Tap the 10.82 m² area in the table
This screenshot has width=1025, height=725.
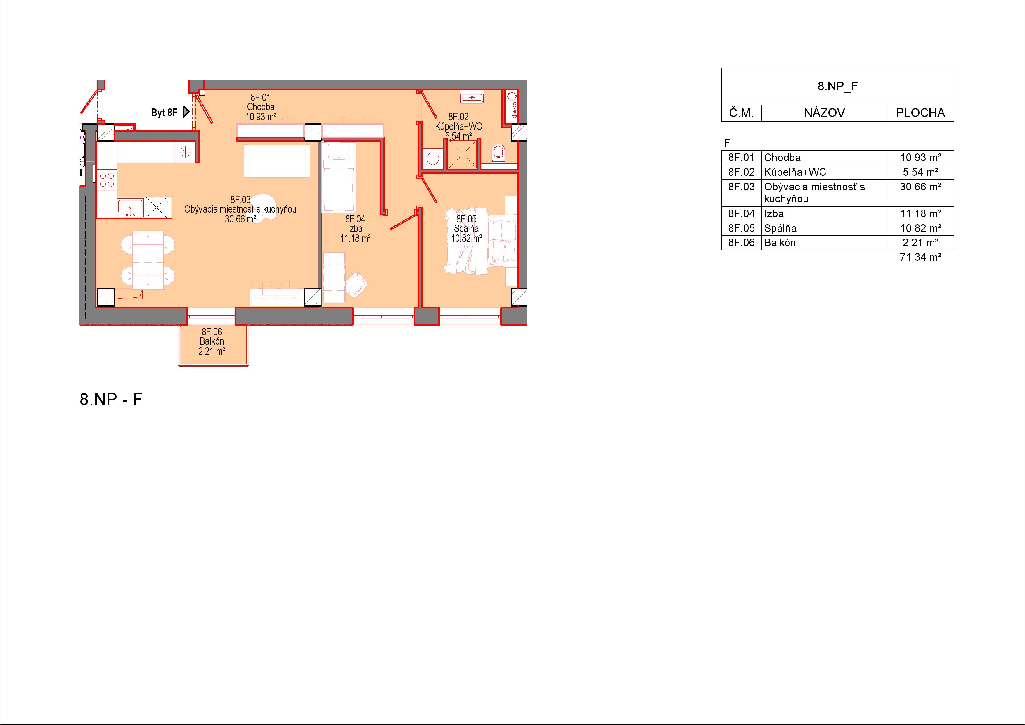coord(920,228)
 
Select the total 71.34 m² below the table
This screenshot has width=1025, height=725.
coord(920,257)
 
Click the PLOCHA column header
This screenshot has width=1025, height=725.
coord(920,113)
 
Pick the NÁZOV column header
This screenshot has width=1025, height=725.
coord(824,113)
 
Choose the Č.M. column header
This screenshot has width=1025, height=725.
coord(742,113)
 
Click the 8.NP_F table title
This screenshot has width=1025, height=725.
coord(837,86)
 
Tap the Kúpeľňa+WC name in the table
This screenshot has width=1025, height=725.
coord(795,172)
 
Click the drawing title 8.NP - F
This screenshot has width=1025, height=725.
coord(111,399)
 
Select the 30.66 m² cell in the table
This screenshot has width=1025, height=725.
coord(920,187)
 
